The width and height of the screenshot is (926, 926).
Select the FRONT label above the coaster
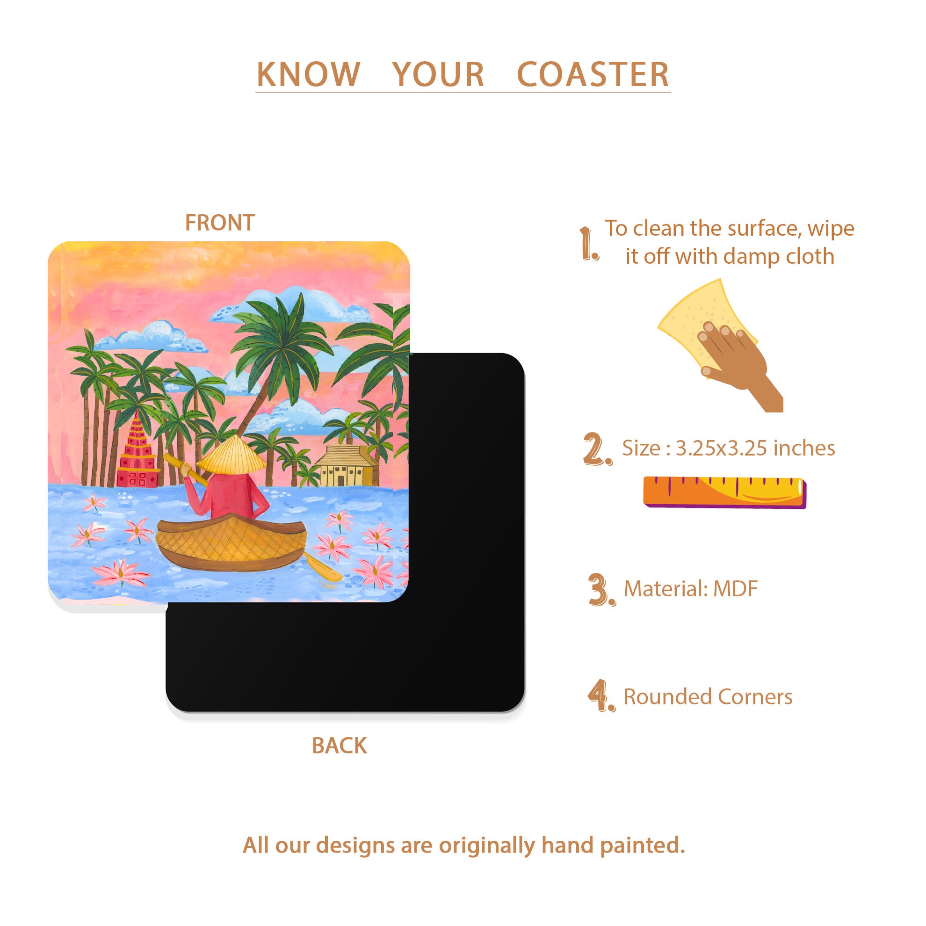tap(219, 223)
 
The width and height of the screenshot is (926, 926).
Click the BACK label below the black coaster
tap(340, 745)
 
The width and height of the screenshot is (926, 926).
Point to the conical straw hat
tap(231, 455)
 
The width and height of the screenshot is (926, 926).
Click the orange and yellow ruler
tap(725, 492)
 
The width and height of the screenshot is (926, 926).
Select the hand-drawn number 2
tap(597, 449)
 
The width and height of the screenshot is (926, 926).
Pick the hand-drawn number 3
tap(601, 589)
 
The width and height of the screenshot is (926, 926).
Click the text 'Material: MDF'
tap(691, 589)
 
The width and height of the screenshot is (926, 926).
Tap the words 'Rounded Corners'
tap(708, 696)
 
